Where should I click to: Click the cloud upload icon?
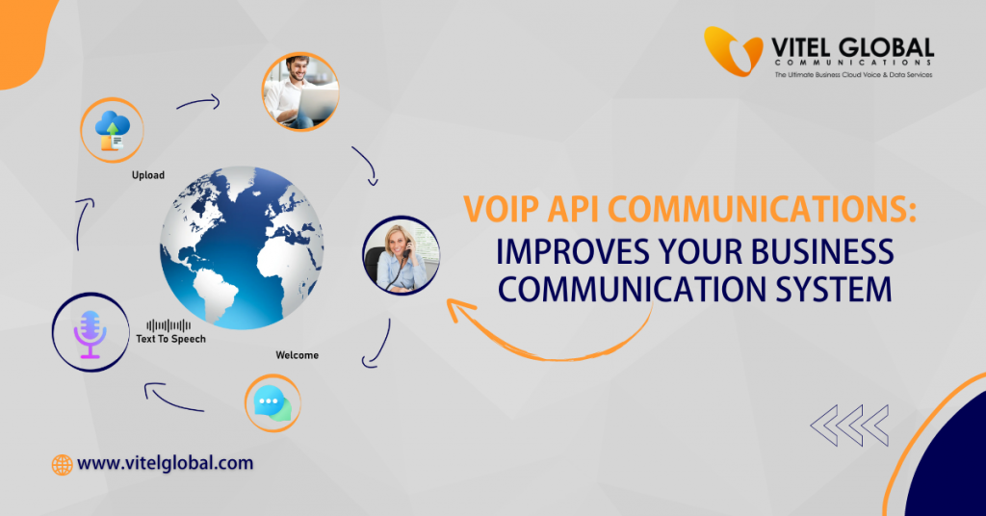point(113,129)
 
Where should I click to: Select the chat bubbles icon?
point(272,403)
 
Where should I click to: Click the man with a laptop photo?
point(299,91)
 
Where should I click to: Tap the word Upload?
point(148,175)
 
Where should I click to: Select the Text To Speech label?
point(170,339)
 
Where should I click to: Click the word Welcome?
point(297,355)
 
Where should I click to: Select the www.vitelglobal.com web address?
point(165,463)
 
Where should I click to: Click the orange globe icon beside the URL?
point(63,464)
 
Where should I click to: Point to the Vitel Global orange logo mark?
point(733,51)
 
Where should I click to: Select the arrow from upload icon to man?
point(198,101)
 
